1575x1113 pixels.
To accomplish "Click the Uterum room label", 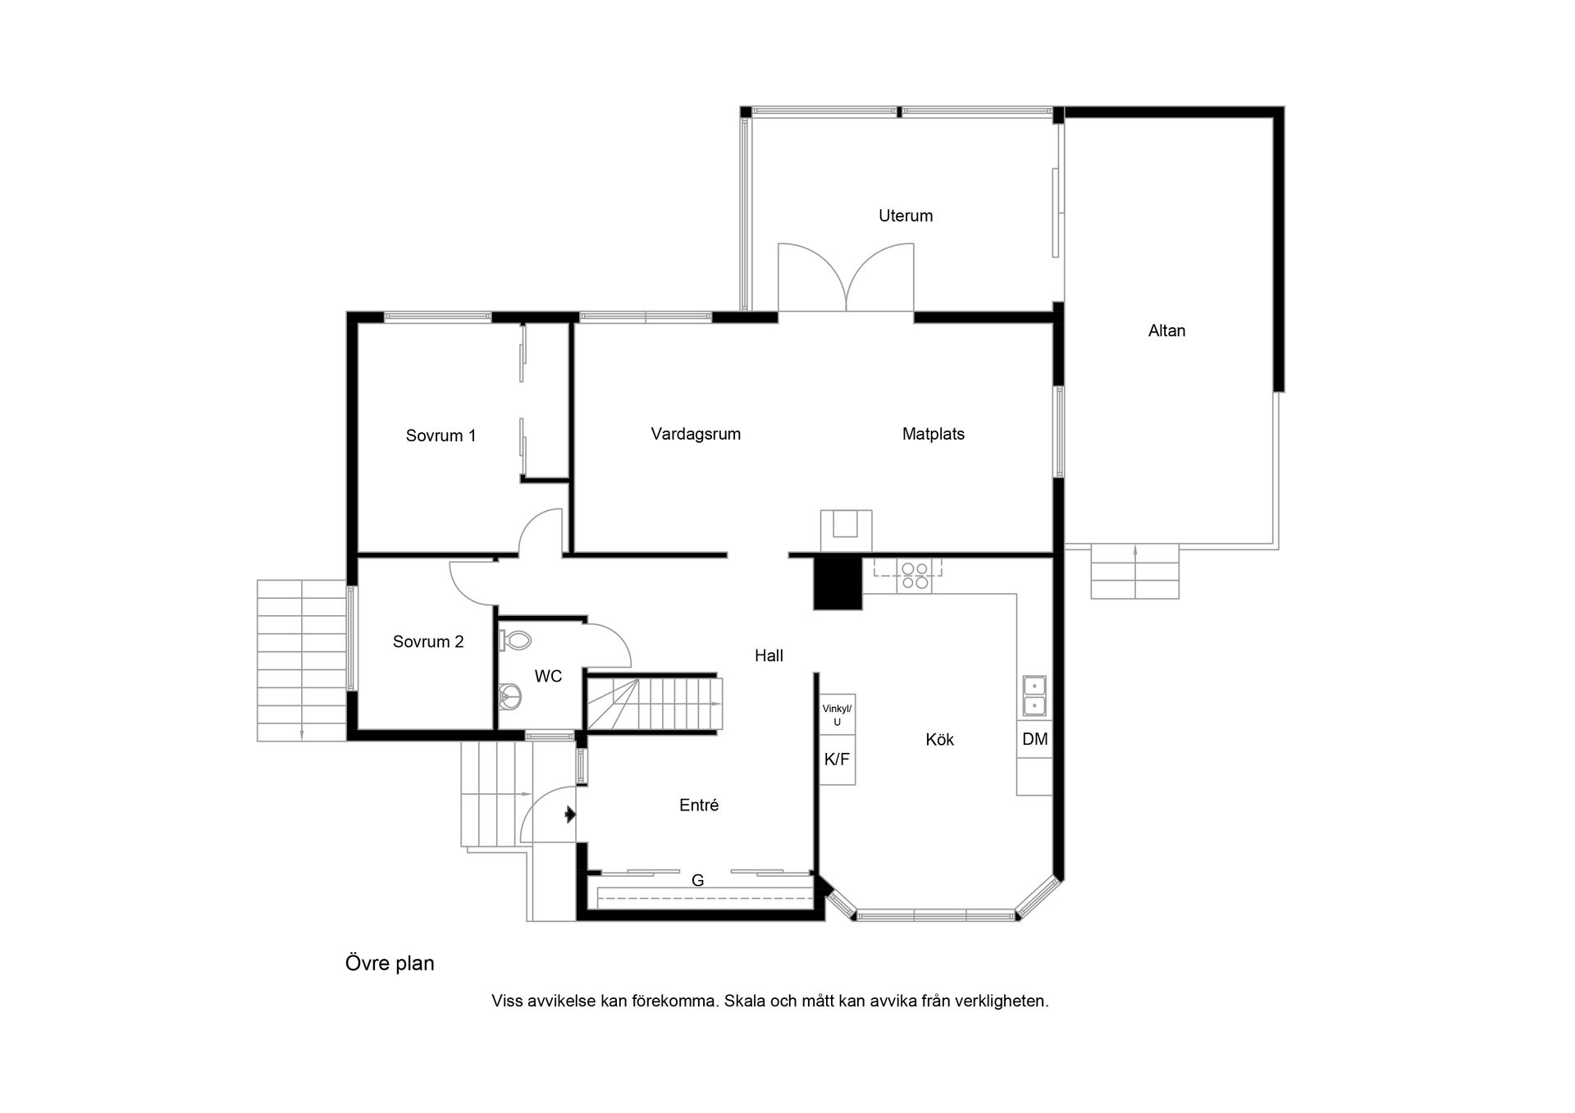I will coord(906,216).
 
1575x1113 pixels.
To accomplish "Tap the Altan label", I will coord(1166,331).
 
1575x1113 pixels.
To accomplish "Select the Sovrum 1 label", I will coord(441,436).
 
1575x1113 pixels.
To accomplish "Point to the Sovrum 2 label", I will coord(428,641).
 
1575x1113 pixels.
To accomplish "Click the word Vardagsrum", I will coord(696,434).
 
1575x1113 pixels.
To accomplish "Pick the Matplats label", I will coord(933,434).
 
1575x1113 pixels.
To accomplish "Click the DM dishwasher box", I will coord(1034,739).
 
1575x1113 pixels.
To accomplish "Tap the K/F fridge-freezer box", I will coord(837,759).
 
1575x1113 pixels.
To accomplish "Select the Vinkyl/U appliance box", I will coord(837,714).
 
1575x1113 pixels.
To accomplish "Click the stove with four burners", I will coord(914,575).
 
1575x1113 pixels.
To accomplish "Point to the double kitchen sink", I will coord(1034,696).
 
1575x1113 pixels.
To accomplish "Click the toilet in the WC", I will coord(515,640).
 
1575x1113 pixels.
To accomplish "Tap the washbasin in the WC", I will coord(510,696).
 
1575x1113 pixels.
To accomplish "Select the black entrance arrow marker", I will coord(569,814).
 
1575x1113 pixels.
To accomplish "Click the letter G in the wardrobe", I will coord(698,881).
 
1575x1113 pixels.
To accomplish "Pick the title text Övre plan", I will coord(390,963).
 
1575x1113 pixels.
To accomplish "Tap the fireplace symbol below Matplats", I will coord(846,529).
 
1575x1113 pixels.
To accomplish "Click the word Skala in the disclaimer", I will coord(744,1001).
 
